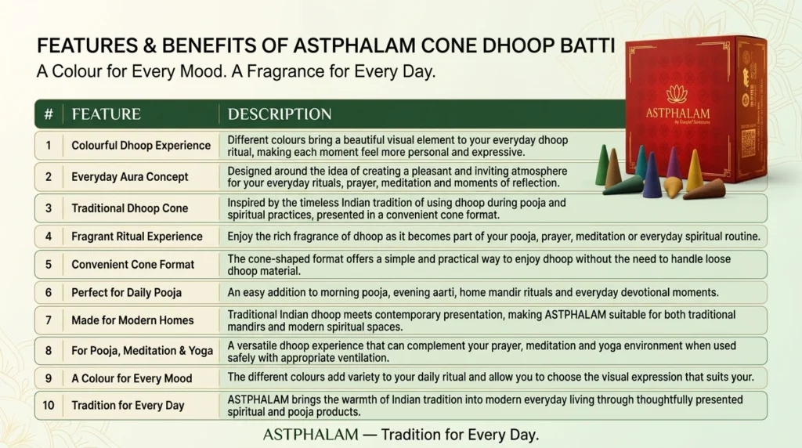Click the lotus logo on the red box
[677, 94]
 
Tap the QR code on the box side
[748, 143]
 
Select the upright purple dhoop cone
[673, 163]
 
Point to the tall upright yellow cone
[694, 170]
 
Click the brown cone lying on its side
[704, 190]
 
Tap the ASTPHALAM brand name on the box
[677, 113]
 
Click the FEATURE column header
[106, 114]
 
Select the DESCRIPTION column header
[280, 114]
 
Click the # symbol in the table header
[49, 114]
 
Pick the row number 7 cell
[49, 320]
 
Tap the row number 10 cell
[49, 405]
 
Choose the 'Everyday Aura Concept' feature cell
[130, 177]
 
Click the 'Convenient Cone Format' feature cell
[133, 265]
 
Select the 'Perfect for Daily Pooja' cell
[126, 292]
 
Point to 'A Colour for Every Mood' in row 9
[132, 378]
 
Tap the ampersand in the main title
[150, 45]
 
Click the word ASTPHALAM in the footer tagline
[310, 435]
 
